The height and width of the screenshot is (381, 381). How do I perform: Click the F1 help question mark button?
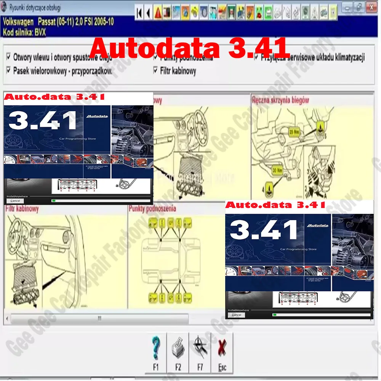tap(156, 353)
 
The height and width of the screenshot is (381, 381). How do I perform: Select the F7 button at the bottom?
tap(200, 353)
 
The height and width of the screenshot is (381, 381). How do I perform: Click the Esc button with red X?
tap(222, 353)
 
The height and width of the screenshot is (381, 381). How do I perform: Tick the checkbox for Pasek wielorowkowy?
tap(9, 70)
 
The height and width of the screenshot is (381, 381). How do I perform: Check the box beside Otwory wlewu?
tap(9, 57)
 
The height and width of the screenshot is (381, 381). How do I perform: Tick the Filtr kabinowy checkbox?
tap(155, 70)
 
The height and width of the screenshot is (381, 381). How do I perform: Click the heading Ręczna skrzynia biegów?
tap(280, 100)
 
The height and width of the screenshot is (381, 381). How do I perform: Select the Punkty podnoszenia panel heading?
tap(152, 208)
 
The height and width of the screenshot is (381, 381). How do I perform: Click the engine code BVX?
tap(39, 32)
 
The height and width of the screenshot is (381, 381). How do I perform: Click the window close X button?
tap(371, 6)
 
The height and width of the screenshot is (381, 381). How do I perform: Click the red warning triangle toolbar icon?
tap(158, 13)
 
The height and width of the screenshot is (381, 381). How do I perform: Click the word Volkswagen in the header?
tap(18, 22)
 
